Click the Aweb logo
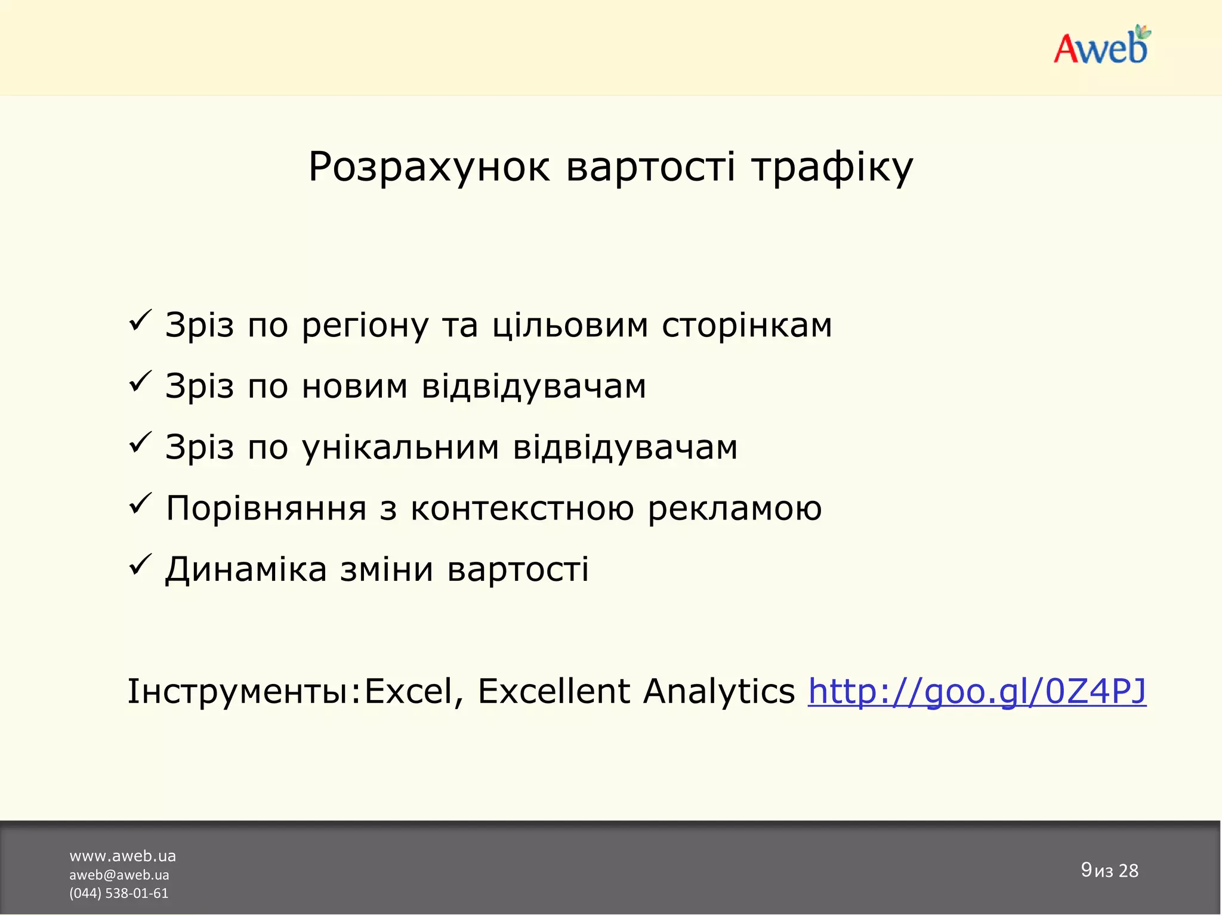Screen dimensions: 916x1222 pyautogui.click(x=1101, y=46)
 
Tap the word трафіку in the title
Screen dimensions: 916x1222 pyautogui.click(x=832, y=167)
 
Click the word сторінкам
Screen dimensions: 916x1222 pyautogui.click(x=746, y=326)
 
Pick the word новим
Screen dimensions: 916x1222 pyautogui.click(x=354, y=386)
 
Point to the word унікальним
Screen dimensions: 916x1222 pyautogui.click(x=400, y=448)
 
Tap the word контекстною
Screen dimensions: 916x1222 pyautogui.click(x=522, y=509)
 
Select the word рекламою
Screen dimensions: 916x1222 pyautogui.click(x=735, y=509)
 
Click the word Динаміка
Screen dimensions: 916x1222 pyautogui.click(x=246, y=570)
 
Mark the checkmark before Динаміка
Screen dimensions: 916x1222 pyautogui.click(x=140, y=565)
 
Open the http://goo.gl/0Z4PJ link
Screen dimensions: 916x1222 pyautogui.click(x=977, y=692)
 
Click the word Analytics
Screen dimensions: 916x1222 pyautogui.click(x=718, y=692)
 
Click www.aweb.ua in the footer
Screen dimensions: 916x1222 pyautogui.click(x=122, y=856)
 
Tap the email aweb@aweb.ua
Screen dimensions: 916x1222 pyautogui.click(x=119, y=875)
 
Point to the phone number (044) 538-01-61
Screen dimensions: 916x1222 pyautogui.click(x=119, y=893)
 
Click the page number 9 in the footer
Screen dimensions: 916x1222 pyautogui.click(x=1086, y=869)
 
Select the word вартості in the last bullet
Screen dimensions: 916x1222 pyautogui.click(x=518, y=570)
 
